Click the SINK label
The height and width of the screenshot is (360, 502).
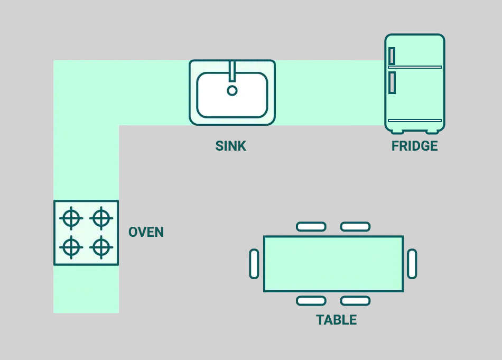[x=231, y=146]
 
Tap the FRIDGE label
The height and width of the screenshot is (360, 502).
[x=415, y=146]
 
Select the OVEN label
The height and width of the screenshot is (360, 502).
[x=146, y=232]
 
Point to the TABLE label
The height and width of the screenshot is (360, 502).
[x=337, y=320]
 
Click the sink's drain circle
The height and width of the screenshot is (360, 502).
[x=232, y=90]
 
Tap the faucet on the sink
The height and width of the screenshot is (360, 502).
[x=232, y=70]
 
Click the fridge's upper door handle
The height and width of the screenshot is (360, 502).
[x=392, y=56]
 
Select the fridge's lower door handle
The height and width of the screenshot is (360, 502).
[x=392, y=82]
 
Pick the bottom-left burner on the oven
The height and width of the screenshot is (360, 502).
[x=71, y=246]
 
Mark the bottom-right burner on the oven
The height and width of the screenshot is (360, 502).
[x=101, y=246]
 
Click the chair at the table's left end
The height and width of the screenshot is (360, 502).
[x=254, y=264]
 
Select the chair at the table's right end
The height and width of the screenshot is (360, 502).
[x=412, y=264]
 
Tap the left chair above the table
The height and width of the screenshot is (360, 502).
[x=311, y=227]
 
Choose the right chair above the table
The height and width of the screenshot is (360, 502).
[x=355, y=227]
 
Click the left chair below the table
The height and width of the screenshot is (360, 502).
[x=311, y=301]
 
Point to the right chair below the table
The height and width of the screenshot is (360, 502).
[x=355, y=301]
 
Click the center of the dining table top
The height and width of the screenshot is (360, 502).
[x=333, y=264]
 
